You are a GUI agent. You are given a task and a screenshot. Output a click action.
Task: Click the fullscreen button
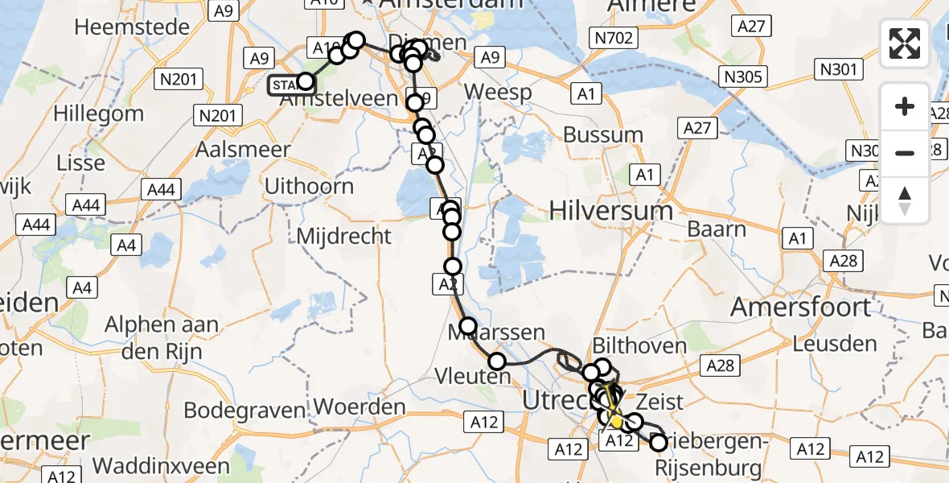(905, 43)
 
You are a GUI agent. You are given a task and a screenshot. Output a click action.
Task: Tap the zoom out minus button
(905, 153)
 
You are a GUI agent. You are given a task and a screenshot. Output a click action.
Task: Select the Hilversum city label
(611, 212)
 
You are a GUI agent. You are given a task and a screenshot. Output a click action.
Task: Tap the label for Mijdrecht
(344, 237)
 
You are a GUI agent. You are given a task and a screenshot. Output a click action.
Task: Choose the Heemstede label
(125, 26)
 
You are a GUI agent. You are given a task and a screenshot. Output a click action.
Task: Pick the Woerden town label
(359, 407)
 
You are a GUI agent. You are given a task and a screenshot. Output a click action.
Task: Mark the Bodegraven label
(244, 410)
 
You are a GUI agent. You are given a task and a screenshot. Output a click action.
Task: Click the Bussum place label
(602, 135)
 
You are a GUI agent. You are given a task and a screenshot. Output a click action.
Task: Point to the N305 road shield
(744, 76)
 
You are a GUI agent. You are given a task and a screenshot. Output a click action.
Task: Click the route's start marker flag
(286, 85)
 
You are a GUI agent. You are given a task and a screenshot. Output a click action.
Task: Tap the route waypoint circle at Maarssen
(468, 326)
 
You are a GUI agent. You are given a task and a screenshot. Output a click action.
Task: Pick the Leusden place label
(835, 345)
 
